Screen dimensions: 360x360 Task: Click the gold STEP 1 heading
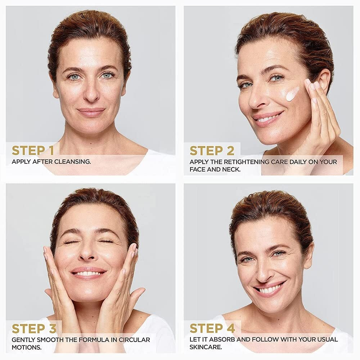(33, 150)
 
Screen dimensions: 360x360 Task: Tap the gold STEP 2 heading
(212, 150)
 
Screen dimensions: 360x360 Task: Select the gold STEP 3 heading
(34, 329)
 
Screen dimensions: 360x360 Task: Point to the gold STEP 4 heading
(212, 328)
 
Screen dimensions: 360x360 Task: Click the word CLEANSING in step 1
(72, 162)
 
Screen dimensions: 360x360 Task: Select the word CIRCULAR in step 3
(134, 340)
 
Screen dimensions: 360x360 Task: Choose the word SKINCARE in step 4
(206, 347)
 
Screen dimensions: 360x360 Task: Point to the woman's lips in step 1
(91, 112)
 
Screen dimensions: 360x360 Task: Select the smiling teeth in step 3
(88, 274)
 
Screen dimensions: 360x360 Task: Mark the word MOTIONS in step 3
(27, 347)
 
